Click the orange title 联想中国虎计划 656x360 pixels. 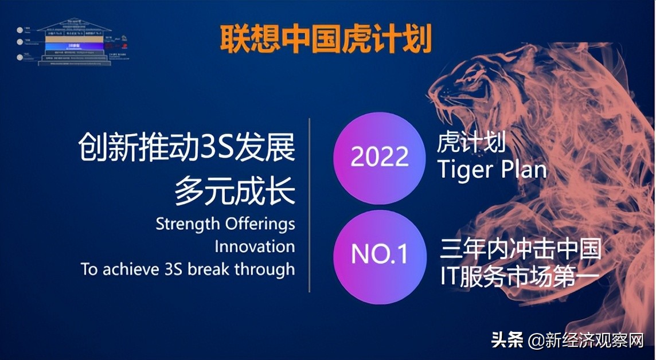[326, 37]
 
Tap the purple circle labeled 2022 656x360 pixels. [380, 156]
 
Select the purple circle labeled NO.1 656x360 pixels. [380, 255]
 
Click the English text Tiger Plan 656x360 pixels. [491, 170]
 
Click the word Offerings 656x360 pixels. [262, 224]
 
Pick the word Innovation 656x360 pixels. [255, 246]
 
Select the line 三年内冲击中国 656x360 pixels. [521, 249]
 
